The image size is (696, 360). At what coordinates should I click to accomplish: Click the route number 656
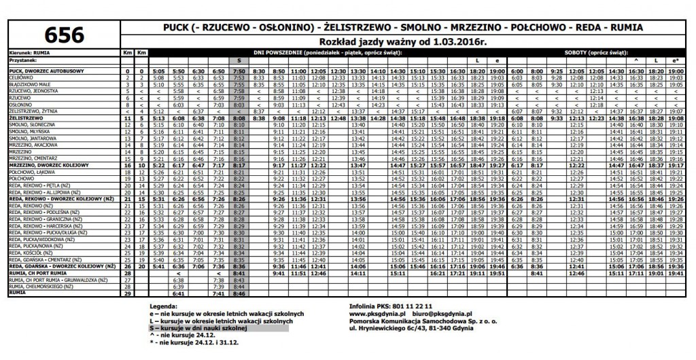(x=65, y=35)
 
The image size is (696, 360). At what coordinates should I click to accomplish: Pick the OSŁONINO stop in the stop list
(x=20, y=105)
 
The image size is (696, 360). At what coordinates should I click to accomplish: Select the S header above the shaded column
(x=239, y=60)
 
